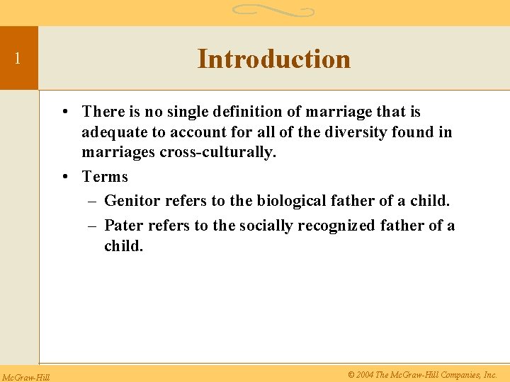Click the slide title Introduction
click(273, 59)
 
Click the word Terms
click(105, 177)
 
